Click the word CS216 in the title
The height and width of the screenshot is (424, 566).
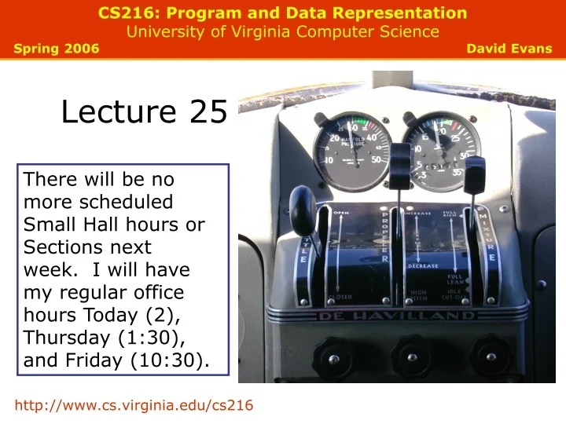(x=124, y=13)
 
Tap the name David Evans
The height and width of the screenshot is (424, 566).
(x=509, y=49)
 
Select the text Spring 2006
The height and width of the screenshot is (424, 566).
(x=57, y=49)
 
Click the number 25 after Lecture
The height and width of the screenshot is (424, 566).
(x=208, y=112)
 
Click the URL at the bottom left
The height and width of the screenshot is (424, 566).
(x=134, y=404)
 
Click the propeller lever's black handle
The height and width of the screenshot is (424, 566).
(x=401, y=165)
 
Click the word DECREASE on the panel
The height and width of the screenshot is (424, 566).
(x=422, y=265)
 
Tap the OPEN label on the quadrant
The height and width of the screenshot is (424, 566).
(x=341, y=213)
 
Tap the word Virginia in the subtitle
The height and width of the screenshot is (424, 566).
(x=259, y=31)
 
